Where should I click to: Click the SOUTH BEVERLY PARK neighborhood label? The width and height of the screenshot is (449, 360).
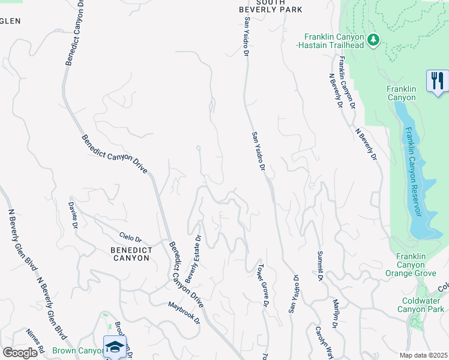(x=270, y=6)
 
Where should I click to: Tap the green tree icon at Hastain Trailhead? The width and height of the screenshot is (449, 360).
(x=373, y=40)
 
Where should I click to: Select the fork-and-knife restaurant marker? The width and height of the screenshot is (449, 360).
(x=437, y=81)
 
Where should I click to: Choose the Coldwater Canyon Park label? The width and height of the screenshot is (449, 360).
(x=421, y=305)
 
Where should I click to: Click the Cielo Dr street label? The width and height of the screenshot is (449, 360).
(x=130, y=238)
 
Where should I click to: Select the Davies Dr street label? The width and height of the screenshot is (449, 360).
(x=73, y=214)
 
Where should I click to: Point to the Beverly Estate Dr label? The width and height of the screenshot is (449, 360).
(x=193, y=259)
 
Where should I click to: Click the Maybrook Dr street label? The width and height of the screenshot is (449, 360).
(x=183, y=311)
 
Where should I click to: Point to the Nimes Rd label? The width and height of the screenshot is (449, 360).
(x=35, y=341)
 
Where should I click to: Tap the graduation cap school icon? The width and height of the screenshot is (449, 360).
(x=115, y=347)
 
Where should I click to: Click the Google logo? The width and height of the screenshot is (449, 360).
(x=20, y=353)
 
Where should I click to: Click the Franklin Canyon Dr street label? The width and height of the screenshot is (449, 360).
(x=346, y=82)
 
